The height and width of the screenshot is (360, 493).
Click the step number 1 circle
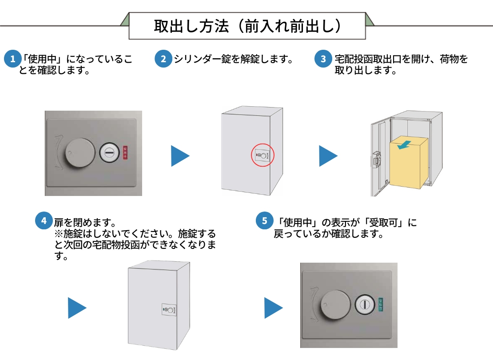[13, 59]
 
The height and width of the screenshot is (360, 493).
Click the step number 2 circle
[163, 59]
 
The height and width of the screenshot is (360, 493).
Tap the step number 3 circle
[323, 59]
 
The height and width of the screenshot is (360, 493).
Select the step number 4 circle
[44, 221]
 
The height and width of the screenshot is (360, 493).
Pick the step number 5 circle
[265, 221]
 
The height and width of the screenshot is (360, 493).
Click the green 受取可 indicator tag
[381, 304]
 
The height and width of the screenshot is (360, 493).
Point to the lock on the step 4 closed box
[169, 310]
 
